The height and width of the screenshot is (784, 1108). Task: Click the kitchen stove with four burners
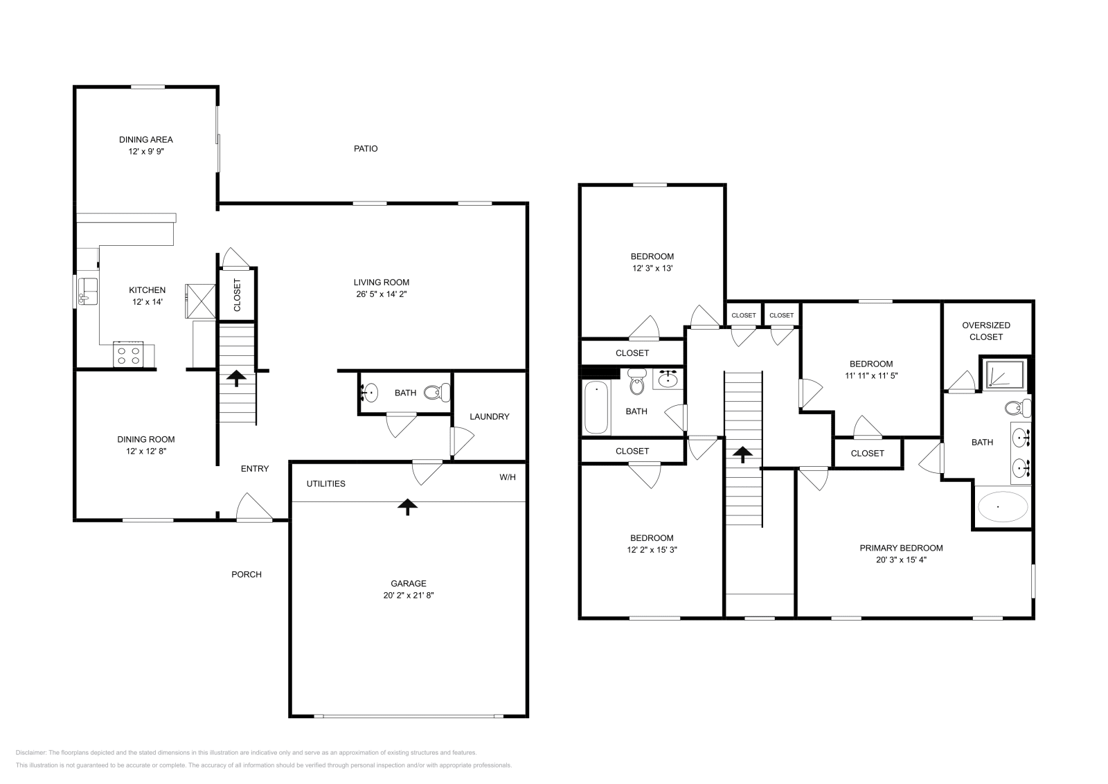click(128, 355)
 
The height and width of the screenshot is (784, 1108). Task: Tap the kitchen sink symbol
click(87, 291)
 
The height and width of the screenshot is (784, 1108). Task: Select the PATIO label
click(366, 149)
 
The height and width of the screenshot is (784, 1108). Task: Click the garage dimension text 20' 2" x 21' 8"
click(408, 595)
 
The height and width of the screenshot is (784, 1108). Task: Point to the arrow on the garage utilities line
click(407, 507)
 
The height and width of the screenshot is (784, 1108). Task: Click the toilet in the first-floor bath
click(435, 393)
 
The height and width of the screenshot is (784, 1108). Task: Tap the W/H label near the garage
click(508, 477)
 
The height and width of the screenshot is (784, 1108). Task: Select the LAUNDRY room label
click(489, 416)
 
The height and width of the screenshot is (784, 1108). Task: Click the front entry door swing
click(254, 508)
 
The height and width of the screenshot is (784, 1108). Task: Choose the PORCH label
click(247, 574)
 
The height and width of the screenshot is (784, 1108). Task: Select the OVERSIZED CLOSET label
click(986, 331)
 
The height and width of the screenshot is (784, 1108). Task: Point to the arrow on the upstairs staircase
click(742, 455)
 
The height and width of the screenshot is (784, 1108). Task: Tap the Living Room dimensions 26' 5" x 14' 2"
click(381, 294)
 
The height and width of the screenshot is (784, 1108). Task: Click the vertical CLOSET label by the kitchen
click(238, 294)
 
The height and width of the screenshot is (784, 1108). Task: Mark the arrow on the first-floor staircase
click(235, 378)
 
